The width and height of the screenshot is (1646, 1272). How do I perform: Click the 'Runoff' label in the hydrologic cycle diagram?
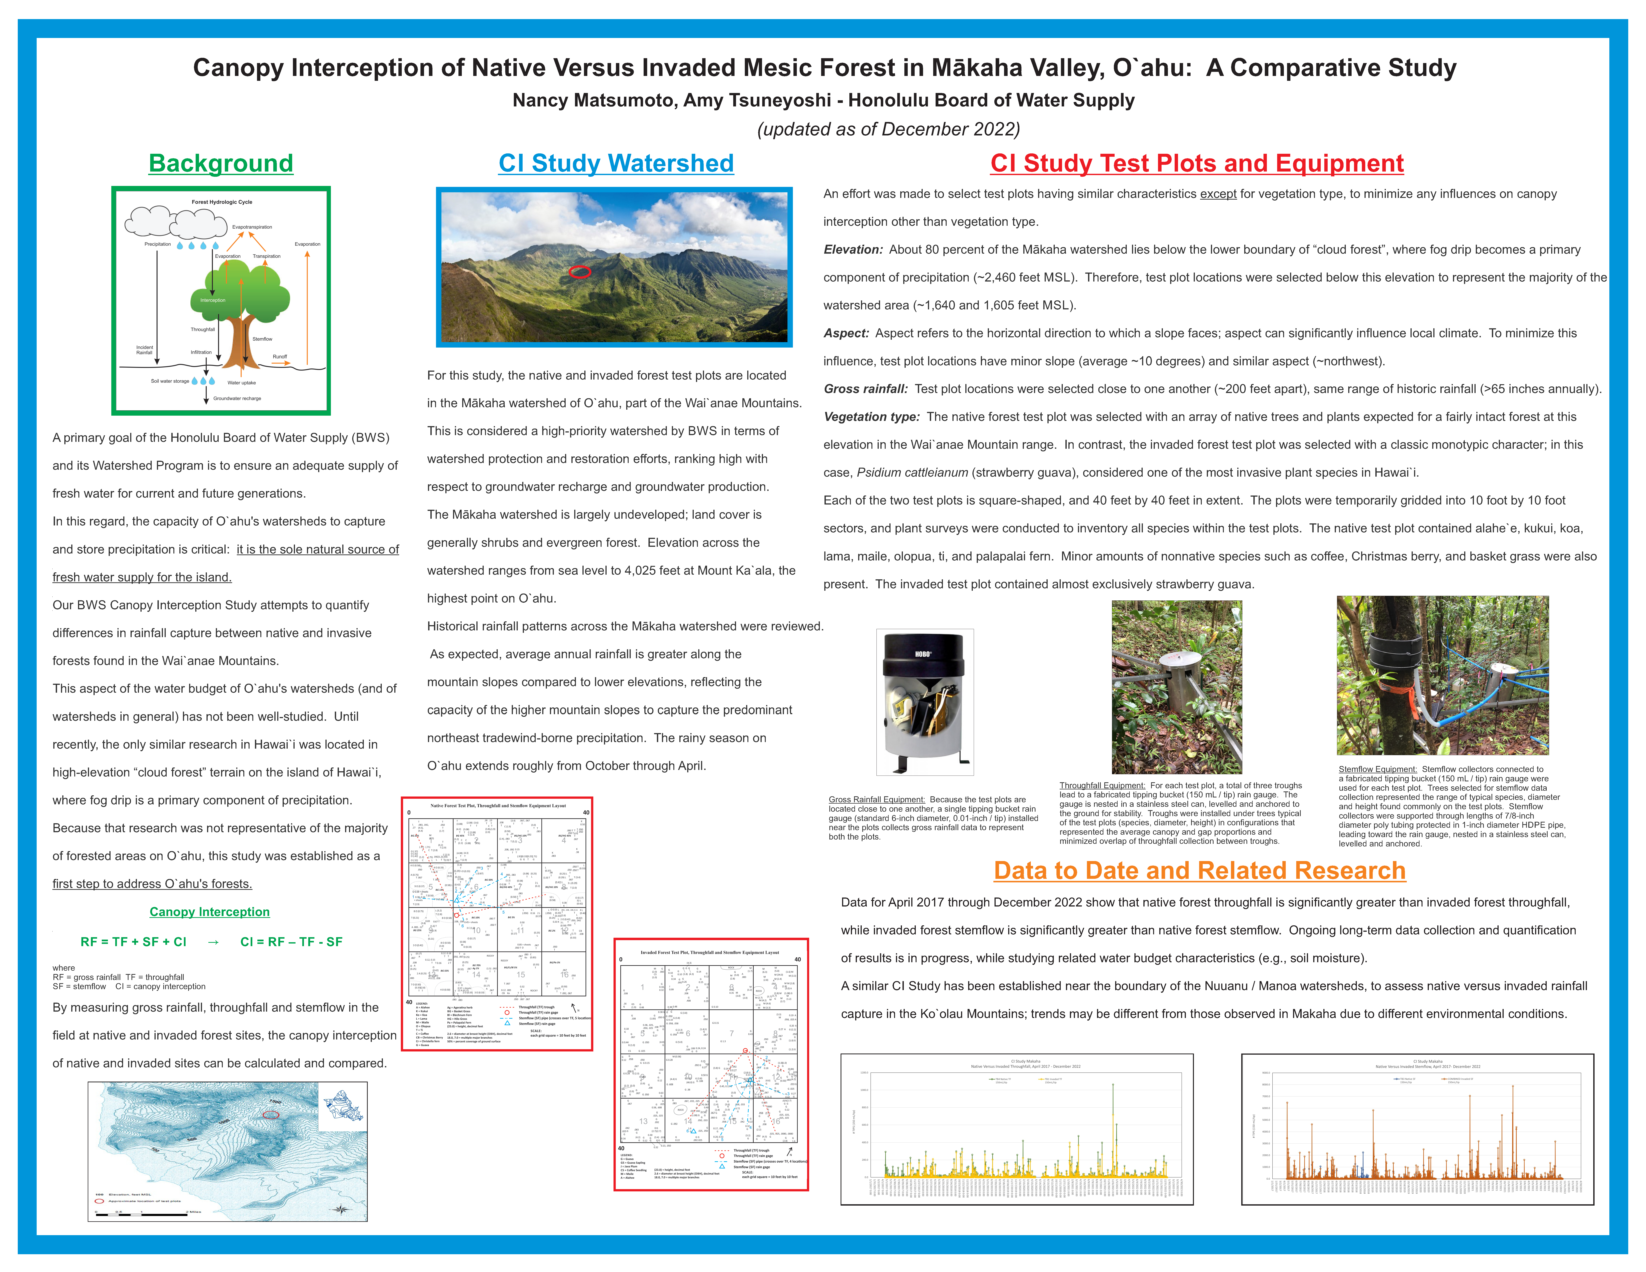pos(280,356)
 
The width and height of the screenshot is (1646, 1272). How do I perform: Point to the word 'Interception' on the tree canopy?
pos(212,300)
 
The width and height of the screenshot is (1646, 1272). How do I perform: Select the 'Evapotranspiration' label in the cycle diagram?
pos(252,227)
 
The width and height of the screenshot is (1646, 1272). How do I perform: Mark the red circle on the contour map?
pos(271,1114)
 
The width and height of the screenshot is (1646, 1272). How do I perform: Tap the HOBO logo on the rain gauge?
pos(923,654)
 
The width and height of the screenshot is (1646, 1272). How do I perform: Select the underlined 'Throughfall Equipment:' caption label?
pos(1102,785)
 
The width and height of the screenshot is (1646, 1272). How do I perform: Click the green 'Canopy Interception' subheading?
pos(209,912)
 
